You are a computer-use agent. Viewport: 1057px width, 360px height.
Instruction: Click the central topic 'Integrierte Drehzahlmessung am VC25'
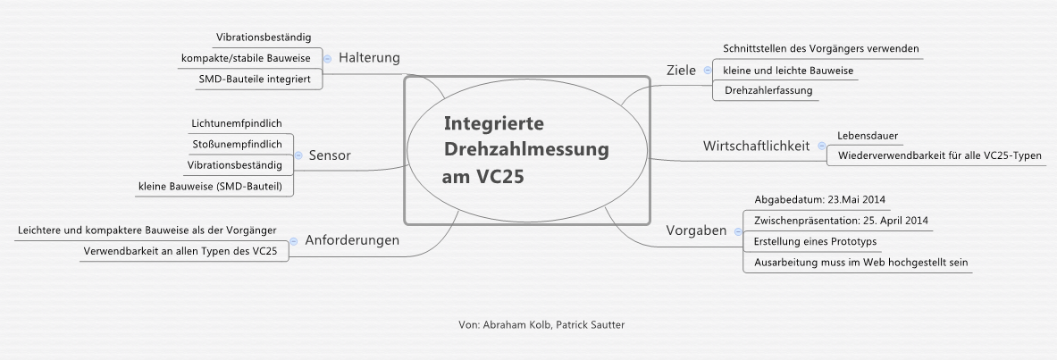point(526,150)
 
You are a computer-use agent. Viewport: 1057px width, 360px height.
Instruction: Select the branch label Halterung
point(369,58)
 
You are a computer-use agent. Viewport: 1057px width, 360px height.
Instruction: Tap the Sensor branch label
point(330,155)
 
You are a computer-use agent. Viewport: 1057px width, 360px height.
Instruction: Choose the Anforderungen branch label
point(352,240)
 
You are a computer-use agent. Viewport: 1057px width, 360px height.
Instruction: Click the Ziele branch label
point(682,71)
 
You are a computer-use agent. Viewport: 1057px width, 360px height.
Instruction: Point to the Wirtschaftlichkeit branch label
point(756,146)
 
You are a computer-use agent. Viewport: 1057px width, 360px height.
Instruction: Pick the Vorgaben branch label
point(696,230)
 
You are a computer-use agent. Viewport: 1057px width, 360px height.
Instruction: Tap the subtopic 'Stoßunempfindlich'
point(237,144)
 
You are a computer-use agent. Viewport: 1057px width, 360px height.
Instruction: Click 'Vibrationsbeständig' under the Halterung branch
point(264,38)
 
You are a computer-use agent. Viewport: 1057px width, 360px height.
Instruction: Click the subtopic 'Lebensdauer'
point(868,136)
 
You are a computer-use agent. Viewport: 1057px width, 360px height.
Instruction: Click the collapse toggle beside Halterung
point(327,58)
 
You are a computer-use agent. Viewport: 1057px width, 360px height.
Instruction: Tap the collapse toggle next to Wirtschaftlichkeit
point(821,146)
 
